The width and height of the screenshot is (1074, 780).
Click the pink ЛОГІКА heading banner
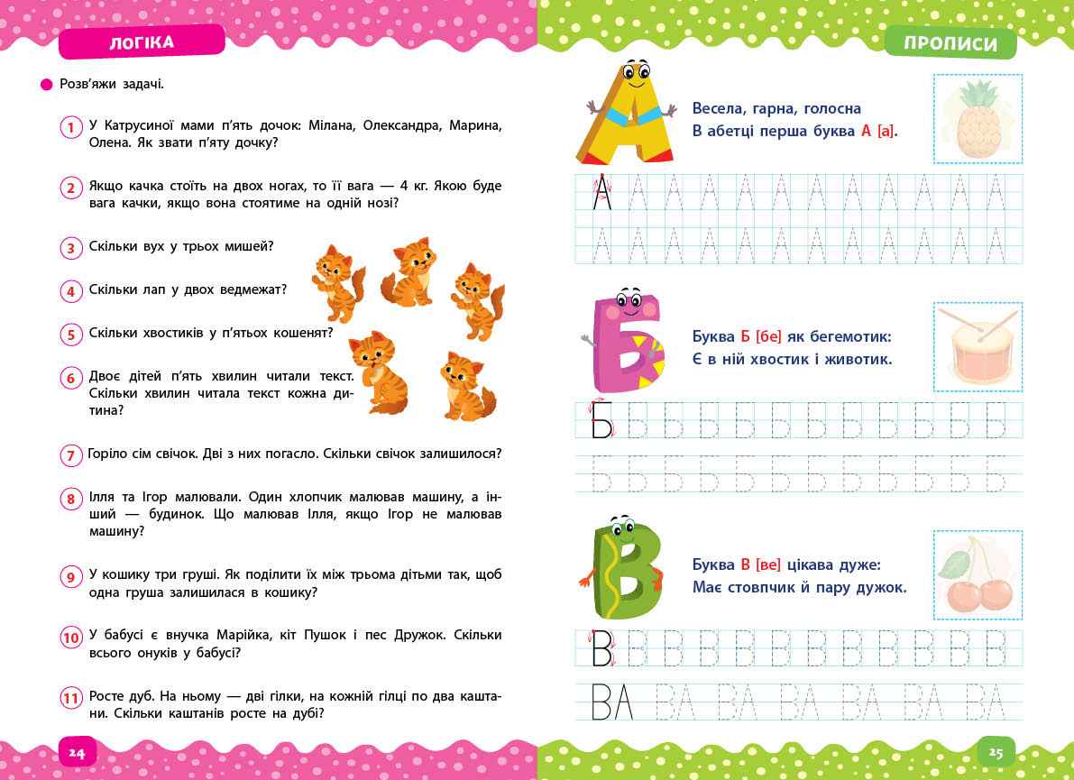(x=141, y=41)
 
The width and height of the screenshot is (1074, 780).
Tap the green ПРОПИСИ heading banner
(x=950, y=43)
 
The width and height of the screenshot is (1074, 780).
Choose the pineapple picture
(x=978, y=118)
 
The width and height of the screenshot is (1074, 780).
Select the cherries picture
(x=978, y=574)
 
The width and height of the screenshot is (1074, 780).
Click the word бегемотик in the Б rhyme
(x=847, y=336)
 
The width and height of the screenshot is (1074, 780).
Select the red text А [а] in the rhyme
(x=878, y=132)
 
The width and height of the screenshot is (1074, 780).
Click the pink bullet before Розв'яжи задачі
(x=47, y=84)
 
